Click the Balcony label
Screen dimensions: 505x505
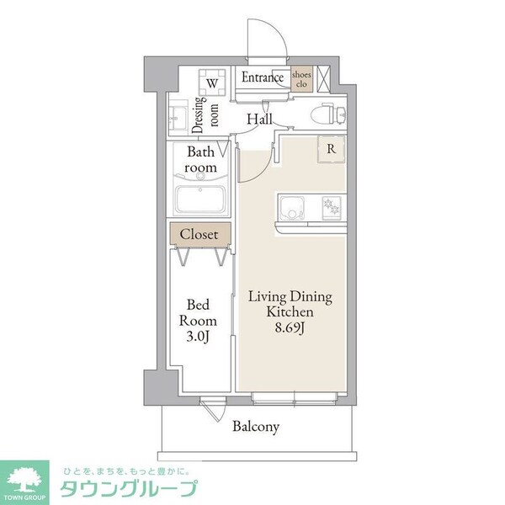point(256,427)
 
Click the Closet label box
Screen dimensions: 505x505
point(199,234)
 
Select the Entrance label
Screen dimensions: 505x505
point(263,78)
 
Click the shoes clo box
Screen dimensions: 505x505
point(300,79)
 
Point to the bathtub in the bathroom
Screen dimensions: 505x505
point(202,201)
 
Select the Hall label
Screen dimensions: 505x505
point(260,120)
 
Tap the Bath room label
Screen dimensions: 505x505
point(201,160)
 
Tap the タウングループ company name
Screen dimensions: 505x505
point(130,488)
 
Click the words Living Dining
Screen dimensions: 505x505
point(290,296)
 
